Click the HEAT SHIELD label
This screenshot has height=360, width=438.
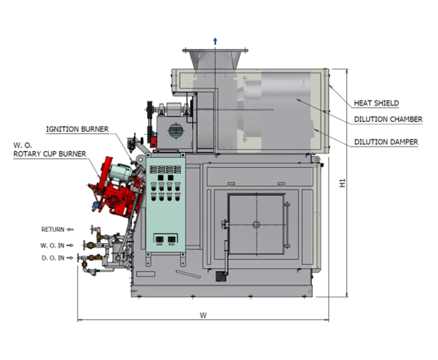click(376, 103)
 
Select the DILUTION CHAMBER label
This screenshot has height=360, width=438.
click(388, 119)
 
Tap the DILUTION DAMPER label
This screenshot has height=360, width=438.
click(385, 142)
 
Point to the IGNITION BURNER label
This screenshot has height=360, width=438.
click(77, 129)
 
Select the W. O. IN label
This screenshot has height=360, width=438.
click(53, 244)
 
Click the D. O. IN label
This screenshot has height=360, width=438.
click(52, 257)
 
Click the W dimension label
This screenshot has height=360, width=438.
click(203, 315)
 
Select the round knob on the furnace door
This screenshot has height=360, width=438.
click(255, 224)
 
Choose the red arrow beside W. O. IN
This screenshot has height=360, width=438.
click(71, 244)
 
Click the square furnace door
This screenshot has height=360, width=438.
click(255, 224)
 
